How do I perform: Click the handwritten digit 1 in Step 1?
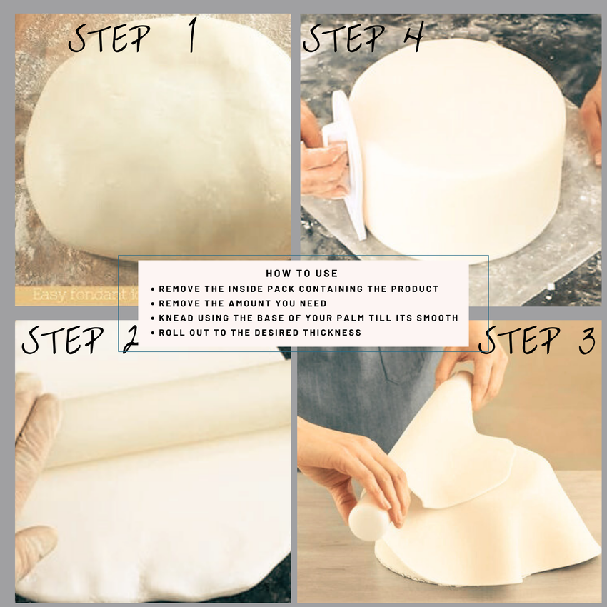coord(191,38)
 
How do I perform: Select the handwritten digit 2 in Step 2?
coord(131,340)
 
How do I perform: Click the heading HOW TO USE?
coord(301,274)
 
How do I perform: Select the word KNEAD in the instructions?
coord(176,318)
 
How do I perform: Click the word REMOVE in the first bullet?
coord(178,289)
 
